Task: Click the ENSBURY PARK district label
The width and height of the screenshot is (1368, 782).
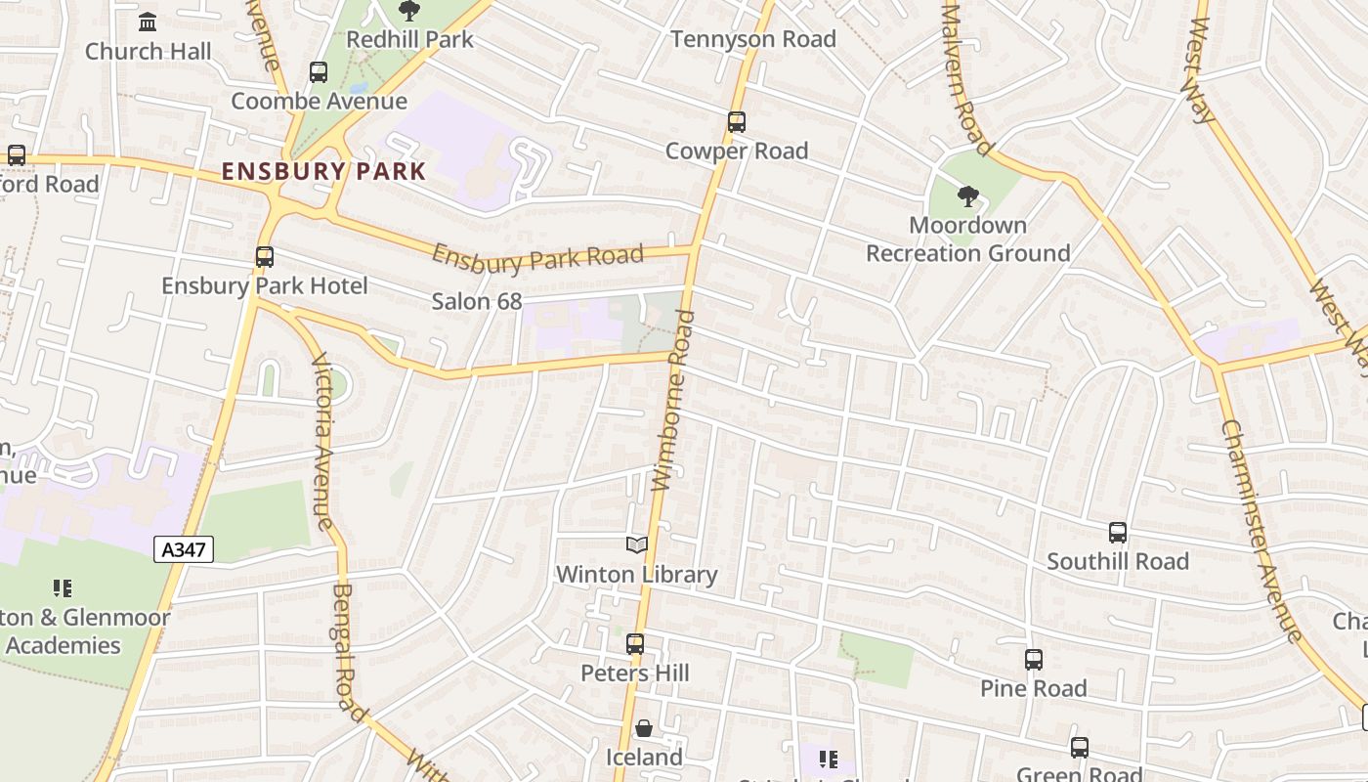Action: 323,171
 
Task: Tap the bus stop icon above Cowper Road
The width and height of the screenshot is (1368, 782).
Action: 737,122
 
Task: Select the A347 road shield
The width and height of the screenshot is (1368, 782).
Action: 184,549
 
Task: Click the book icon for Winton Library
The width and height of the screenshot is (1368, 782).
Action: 637,545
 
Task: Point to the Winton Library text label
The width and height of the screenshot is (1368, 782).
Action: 637,575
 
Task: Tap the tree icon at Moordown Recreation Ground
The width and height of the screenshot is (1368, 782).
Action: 967,196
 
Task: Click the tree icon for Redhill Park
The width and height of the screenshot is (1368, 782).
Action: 409,12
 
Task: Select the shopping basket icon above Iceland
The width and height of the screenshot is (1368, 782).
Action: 644,728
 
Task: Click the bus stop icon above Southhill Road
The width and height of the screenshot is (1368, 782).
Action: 1118,533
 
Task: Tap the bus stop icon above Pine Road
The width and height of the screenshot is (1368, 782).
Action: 1034,660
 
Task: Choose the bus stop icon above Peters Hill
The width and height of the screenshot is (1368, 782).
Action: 635,644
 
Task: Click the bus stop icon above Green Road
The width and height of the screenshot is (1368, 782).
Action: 1080,748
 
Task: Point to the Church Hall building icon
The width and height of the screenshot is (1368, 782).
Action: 148,22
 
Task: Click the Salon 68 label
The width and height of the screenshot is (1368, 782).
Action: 477,301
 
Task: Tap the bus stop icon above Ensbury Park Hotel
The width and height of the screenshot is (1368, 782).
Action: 265,257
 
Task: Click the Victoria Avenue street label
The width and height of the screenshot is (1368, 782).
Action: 323,440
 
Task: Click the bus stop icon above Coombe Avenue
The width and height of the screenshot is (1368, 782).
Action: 319,72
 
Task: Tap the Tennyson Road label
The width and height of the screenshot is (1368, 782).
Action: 753,39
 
